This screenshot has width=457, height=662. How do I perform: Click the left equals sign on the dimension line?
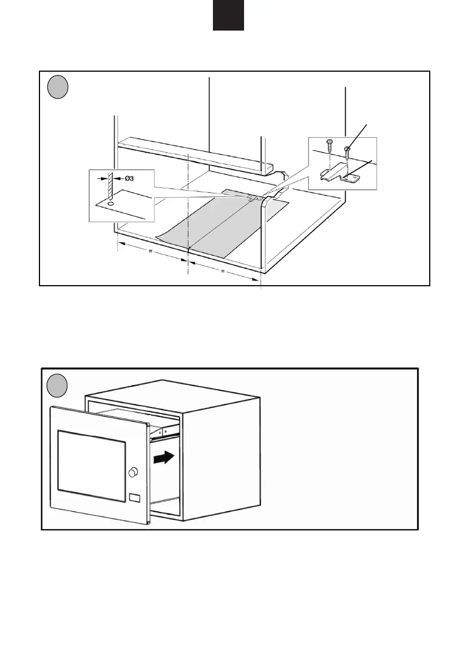pyautogui.click(x=150, y=252)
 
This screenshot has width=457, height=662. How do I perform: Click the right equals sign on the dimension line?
pyautogui.click(x=222, y=272)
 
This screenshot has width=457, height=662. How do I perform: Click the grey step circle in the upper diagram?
pyautogui.click(x=57, y=87)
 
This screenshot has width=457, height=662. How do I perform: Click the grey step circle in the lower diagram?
pyautogui.click(x=57, y=386)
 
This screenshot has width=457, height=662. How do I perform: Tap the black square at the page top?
pyautogui.click(x=228, y=15)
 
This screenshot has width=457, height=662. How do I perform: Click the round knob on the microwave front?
pyautogui.click(x=133, y=472)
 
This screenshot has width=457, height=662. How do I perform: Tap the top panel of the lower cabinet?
pyautogui.click(x=172, y=392)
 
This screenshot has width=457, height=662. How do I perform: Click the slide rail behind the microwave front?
pyautogui.click(x=167, y=430)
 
